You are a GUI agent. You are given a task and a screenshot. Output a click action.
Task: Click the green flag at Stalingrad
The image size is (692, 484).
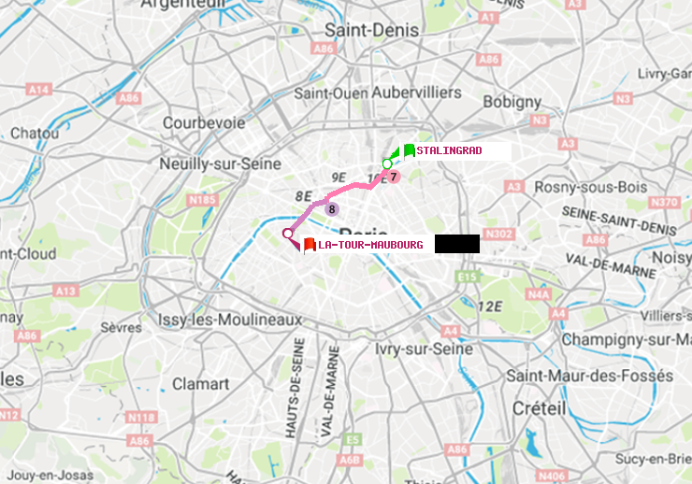tap(409, 150)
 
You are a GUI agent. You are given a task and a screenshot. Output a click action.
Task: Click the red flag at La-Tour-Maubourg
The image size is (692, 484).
tap(310, 245)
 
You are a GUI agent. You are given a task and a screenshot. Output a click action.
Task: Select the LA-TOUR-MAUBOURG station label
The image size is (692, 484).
tap(370, 245)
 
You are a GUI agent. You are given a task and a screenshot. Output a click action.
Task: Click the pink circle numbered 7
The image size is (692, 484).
tap(394, 177)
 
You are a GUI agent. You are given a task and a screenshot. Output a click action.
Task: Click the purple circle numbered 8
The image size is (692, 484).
tap(331, 209)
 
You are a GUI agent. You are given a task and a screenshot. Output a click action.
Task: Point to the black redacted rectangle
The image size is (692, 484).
tap(456, 244)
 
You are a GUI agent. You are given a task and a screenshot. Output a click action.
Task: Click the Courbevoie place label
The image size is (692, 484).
tap(204, 122)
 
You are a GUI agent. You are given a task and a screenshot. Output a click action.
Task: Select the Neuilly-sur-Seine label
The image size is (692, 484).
tap(221, 164)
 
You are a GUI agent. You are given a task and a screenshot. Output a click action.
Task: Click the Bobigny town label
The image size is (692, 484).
tap(512, 101)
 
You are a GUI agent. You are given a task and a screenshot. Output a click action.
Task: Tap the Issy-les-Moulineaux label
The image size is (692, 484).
tap(230, 320)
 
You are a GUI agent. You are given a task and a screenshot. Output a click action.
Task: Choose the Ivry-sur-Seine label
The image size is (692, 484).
tap(425, 349)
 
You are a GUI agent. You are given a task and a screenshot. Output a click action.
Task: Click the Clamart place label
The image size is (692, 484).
tap(201, 384)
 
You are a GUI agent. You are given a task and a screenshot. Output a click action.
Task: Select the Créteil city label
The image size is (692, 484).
tap(539, 408)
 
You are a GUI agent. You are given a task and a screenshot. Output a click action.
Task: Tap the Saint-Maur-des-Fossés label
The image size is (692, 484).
tap(589, 376)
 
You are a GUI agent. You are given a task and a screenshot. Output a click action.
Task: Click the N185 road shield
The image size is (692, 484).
tap(202, 199)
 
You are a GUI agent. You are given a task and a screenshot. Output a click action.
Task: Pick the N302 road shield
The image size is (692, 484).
tap(501, 234)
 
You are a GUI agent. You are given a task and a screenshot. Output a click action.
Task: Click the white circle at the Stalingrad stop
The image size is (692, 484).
tap(387, 164)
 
